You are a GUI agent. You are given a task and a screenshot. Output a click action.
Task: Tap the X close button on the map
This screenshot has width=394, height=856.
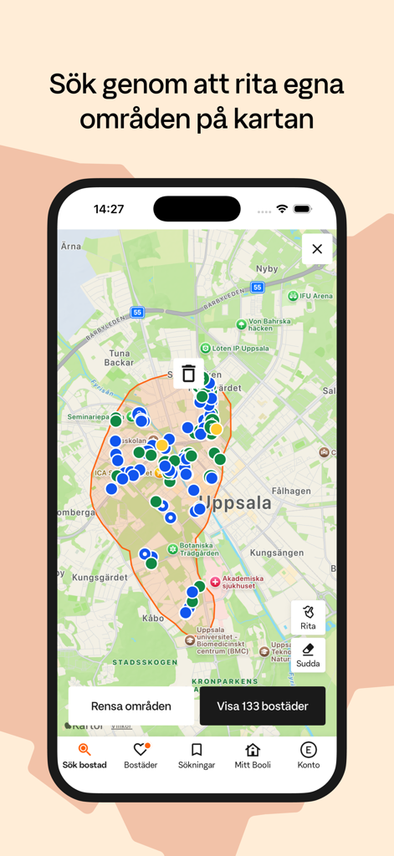(x=317, y=248)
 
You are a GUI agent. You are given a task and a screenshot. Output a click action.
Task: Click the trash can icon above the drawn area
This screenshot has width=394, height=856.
(x=189, y=374)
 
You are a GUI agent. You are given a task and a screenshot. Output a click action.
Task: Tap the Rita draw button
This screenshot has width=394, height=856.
(x=308, y=617)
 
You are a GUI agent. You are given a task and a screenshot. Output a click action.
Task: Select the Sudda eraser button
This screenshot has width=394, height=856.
(x=308, y=655)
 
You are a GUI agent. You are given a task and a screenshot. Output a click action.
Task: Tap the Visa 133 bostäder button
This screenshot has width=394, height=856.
(x=263, y=706)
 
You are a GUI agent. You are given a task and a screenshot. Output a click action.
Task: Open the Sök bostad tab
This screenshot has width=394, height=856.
(x=84, y=755)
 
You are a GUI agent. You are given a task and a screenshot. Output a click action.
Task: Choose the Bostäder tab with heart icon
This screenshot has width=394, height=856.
(x=141, y=755)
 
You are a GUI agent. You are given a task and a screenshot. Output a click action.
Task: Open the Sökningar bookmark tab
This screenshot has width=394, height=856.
(x=197, y=755)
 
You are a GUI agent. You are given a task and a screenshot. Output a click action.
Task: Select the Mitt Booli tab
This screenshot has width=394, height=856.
(x=253, y=755)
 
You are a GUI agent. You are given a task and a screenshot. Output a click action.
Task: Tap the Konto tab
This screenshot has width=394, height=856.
(x=309, y=755)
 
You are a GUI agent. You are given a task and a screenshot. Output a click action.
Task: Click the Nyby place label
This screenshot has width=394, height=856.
(x=267, y=269)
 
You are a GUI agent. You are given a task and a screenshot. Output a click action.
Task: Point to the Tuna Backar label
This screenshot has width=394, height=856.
(x=119, y=358)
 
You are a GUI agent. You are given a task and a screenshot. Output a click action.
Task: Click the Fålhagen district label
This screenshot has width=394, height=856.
(x=292, y=492)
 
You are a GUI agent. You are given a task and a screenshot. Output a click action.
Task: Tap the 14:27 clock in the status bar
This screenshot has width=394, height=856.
(x=109, y=209)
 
